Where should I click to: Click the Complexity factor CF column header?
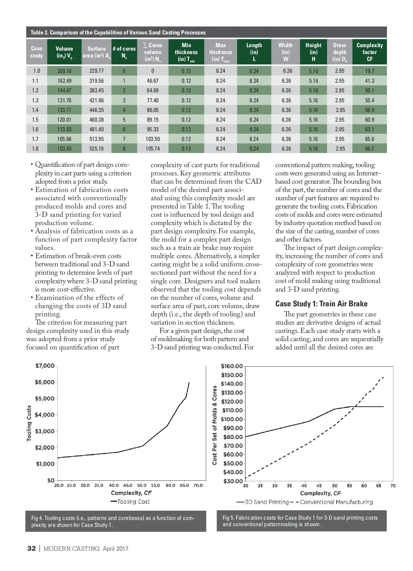pos(369,52)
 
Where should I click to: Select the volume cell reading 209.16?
pos(64,71)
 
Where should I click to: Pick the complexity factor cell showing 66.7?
pos(369,149)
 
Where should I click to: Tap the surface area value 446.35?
pos(96,110)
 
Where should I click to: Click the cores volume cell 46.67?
pos(152,81)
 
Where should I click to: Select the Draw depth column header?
pos(339,52)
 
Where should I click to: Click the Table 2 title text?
pos(118,32)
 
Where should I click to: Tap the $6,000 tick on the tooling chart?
pos(45,382)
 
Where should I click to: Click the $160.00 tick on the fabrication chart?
pos(232,366)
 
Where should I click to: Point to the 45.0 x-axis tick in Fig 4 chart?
pos(128,486)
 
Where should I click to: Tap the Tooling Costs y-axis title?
pos(29,423)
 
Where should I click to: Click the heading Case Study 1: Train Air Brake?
pos(321,304)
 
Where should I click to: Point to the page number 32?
pos(31,549)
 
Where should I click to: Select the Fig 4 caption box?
pos(116,521)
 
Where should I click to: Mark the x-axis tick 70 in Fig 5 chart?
pos(393,486)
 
